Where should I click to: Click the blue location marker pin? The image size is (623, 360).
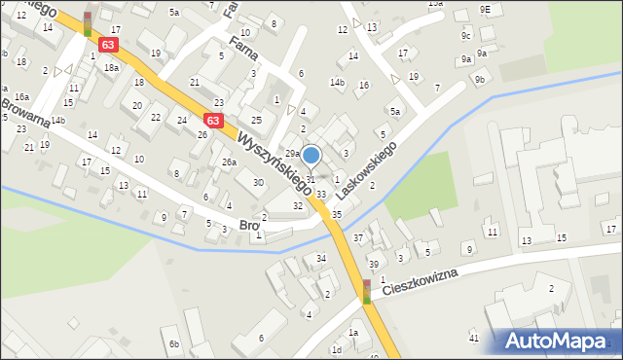tap(311, 156)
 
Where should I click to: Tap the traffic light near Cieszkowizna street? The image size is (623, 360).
tap(367, 291)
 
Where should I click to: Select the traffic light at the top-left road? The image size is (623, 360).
tap(88, 23)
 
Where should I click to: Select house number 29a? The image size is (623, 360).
tap(291, 153)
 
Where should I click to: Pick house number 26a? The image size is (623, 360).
tap(229, 162)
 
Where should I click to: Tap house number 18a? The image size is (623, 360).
tap(112, 67)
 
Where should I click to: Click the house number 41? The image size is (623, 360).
tap(474, 338)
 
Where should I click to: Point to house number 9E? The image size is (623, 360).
tap(485, 9)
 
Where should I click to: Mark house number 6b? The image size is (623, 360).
tap(173, 343)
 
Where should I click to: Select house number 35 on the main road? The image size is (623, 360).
tap(337, 214)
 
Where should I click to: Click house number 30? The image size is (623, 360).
tap(258, 182)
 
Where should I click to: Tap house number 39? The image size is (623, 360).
tap(373, 265)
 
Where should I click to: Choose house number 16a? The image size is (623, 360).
tap(21, 97)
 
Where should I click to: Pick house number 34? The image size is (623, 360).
tap(320, 258)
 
